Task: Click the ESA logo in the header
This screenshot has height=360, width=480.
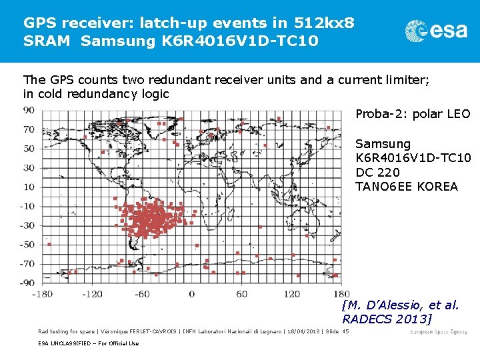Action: tap(437, 31)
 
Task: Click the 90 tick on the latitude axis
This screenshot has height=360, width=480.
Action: tap(29, 110)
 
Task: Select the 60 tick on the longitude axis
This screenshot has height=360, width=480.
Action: tap(241, 294)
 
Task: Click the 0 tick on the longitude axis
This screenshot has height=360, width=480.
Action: tap(191, 294)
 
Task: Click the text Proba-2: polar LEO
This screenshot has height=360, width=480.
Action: tap(413, 114)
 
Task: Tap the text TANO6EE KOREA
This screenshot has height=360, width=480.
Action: tap(407, 186)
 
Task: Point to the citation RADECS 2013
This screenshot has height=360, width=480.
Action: tap(387, 319)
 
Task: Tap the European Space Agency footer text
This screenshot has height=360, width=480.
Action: tap(439, 331)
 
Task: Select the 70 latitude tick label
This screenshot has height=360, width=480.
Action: tap(29, 129)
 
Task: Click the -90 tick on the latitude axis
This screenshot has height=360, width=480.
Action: tap(27, 283)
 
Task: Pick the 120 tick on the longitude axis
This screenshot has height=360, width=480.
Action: tap(291, 294)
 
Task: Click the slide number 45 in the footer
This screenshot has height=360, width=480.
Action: tap(345, 331)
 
